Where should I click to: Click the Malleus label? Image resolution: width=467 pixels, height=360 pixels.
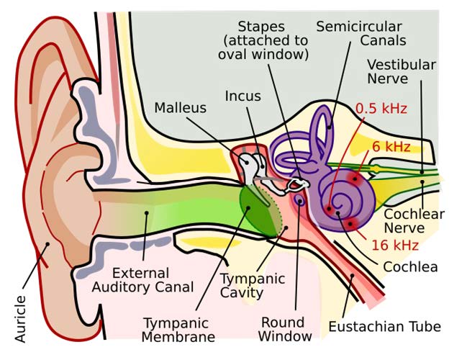pos(180,108)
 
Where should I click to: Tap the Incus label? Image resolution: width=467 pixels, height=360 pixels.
pos(242,96)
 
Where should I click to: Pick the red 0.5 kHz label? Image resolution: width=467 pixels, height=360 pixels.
pos(381,109)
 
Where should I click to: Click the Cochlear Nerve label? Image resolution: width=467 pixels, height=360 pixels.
pos(414,221)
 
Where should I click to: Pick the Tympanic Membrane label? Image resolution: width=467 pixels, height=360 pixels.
pos(179,328)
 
